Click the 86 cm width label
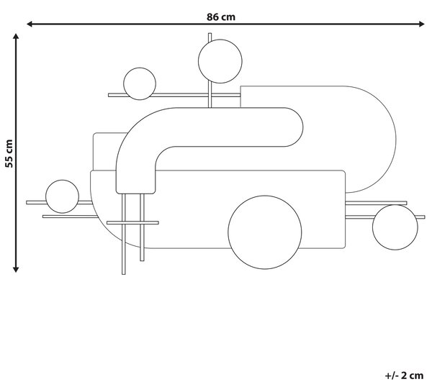(x=221, y=17)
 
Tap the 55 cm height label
(x=9, y=153)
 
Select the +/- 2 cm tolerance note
(x=404, y=375)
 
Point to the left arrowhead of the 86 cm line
(x=30, y=24)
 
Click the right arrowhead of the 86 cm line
(x=421, y=24)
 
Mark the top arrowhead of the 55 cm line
(x=16, y=37)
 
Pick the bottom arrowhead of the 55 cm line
(x=16, y=269)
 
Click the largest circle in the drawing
(x=265, y=232)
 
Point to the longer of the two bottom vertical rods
(x=124, y=234)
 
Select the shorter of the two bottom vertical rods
(x=142, y=227)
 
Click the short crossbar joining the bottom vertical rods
(x=132, y=223)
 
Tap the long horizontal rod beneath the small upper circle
(x=174, y=95)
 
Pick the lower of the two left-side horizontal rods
(x=71, y=217)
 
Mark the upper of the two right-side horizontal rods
(x=376, y=203)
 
